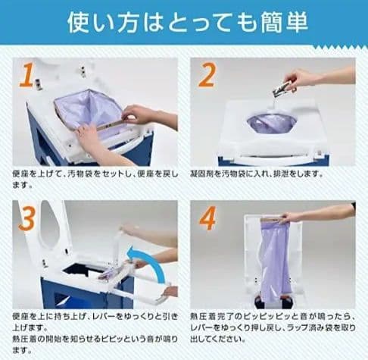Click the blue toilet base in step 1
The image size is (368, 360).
(45, 144)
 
